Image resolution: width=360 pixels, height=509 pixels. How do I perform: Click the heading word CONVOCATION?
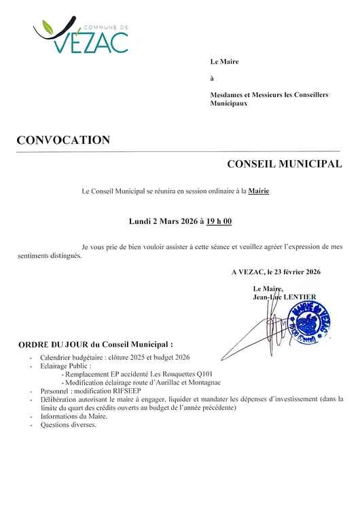(62, 140)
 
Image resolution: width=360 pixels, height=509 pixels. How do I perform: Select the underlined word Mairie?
(259, 191)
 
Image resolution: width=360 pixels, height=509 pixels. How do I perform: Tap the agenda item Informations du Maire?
(73, 417)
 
